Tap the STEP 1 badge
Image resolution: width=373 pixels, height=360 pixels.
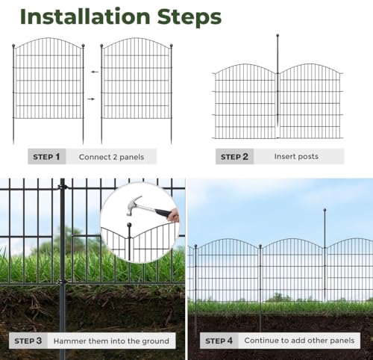click(x=47, y=157)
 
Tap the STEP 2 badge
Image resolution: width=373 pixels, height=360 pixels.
click(x=235, y=157)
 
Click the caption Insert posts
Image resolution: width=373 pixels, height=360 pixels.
click(x=295, y=157)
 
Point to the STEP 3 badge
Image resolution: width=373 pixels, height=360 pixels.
click(x=28, y=341)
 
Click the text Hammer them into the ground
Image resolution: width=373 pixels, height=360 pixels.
click(x=111, y=341)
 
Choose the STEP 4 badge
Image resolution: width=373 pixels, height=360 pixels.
click(x=219, y=341)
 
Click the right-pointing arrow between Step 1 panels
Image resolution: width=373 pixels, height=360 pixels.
click(x=93, y=99)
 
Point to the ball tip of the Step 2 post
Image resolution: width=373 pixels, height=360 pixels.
click(x=278, y=35)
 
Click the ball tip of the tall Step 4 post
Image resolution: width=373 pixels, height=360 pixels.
click(x=325, y=211)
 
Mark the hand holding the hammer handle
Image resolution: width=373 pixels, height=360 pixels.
click(x=174, y=215)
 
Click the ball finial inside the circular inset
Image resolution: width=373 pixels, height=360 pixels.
click(x=128, y=225)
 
